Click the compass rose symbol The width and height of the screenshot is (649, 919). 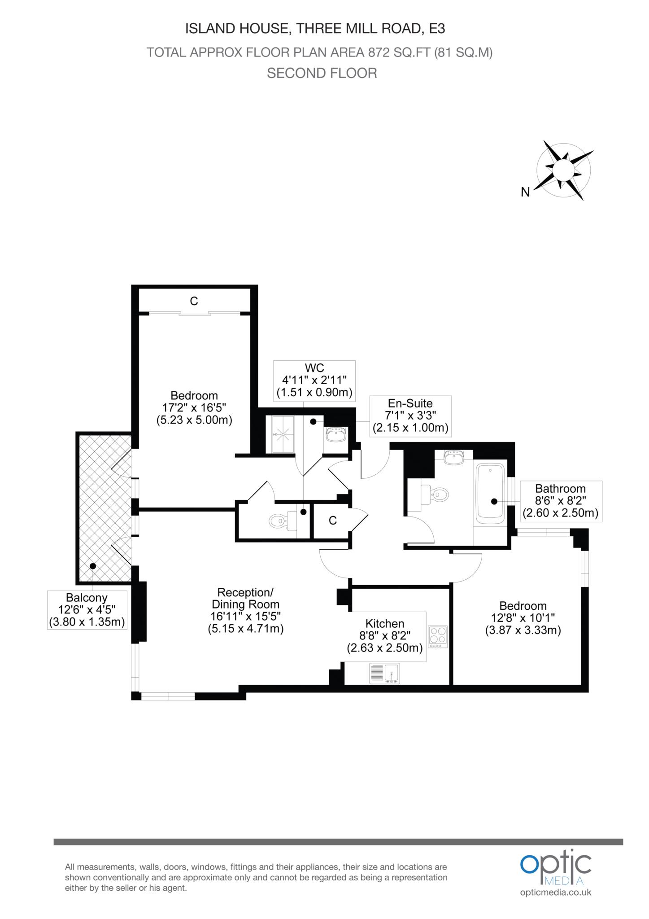[x=564, y=170]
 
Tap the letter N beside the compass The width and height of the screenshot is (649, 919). [x=525, y=192]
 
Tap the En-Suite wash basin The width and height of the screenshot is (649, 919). [x=336, y=434]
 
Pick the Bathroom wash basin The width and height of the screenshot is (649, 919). [x=453, y=457]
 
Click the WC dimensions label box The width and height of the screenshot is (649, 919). [x=314, y=381]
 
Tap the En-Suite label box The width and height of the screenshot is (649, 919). [x=410, y=416]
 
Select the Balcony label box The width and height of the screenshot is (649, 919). [x=87, y=610]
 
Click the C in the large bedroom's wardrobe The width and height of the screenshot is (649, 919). [x=194, y=301]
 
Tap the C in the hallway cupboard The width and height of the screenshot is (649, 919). [x=332, y=521]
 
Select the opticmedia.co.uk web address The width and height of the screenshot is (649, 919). [x=556, y=893]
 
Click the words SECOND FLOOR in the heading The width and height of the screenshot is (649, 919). [x=322, y=73]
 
